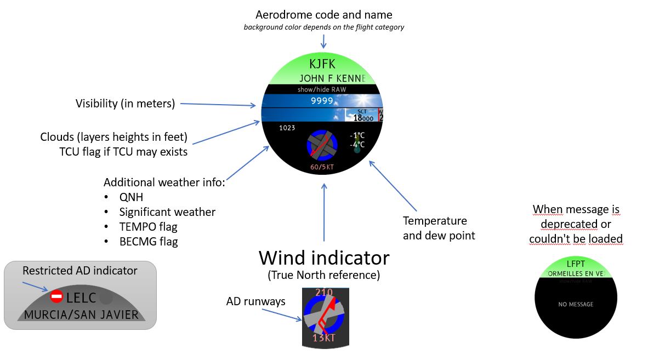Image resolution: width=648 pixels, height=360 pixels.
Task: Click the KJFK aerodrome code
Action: pyautogui.click(x=322, y=64)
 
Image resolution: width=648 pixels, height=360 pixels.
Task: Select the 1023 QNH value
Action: pyautogui.click(x=287, y=128)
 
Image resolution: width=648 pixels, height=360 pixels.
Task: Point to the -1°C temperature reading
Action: pyautogui.click(x=357, y=135)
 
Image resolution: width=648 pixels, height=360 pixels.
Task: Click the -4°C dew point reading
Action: pyautogui.click(x=357, y=145)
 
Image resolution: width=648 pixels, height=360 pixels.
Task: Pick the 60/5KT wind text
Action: pyautogui.click(x=322, y=166)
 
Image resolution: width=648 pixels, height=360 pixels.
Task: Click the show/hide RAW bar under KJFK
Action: pyautogui.click(x=322, y=89)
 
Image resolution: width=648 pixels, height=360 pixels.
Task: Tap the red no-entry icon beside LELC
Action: pyautogui.click(x=56, y=297)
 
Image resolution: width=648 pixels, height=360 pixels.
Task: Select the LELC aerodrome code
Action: pyautogui.click(x=81, y=298)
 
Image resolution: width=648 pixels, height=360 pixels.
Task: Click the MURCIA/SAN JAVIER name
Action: pyautogui.click(x=81, y=315)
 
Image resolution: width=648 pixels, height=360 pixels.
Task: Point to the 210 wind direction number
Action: pyautogui.click(x=324, y=293)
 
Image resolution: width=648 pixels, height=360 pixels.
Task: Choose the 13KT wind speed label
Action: pyautogui.click(x=323, y=338)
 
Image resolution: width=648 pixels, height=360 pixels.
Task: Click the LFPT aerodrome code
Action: pyautogui.click(x=575, y=264)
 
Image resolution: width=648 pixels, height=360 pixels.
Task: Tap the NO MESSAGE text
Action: pyautogui.click(x=576, y=304)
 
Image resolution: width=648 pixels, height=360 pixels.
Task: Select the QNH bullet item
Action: pyautogui.click(x=131, y=197)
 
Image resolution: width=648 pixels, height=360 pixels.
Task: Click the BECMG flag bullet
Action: pyautogui.click(x=149, y=241)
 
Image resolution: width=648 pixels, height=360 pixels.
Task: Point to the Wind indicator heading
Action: pyautogui.click(x=324, y=258)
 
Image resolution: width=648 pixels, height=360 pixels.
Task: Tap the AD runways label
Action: pyautogui.click(x=255, y=301)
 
